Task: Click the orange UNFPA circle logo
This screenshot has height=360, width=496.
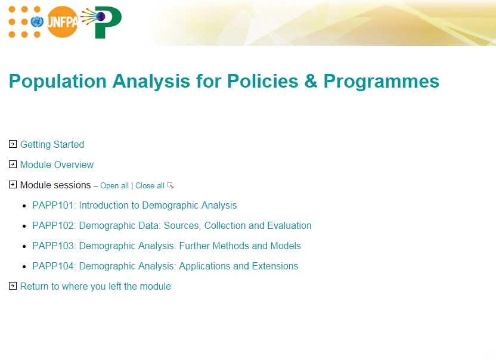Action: point(63,22)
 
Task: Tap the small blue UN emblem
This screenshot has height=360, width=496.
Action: point(37,22)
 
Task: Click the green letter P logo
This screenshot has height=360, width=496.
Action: point(107,23)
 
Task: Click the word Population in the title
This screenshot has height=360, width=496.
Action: point(58,81)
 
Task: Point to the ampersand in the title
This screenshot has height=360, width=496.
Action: point(311,81)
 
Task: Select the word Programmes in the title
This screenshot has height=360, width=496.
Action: point(381,81)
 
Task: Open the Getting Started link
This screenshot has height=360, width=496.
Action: point(52,145)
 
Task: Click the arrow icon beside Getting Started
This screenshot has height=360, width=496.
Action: point(13,144)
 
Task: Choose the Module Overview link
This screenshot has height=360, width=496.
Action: point(57,165)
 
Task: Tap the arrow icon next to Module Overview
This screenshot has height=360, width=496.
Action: point(13,165)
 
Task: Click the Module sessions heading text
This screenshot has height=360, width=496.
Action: point(55,185)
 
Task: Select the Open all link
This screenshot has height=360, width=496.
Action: point(114,186)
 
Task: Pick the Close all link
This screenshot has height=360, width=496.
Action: point(150,186)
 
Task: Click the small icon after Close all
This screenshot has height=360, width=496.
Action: point(170,185)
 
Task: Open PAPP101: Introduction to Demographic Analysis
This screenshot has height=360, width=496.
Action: point(135,205)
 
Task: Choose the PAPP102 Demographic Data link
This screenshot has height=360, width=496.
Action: point(172,225)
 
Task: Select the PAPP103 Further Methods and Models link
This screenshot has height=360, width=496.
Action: point(166,246)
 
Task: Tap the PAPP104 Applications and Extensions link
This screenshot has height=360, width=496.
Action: point(165,266)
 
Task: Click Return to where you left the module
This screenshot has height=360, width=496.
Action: point(95,286)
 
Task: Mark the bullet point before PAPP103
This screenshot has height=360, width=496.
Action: point(24,246)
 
